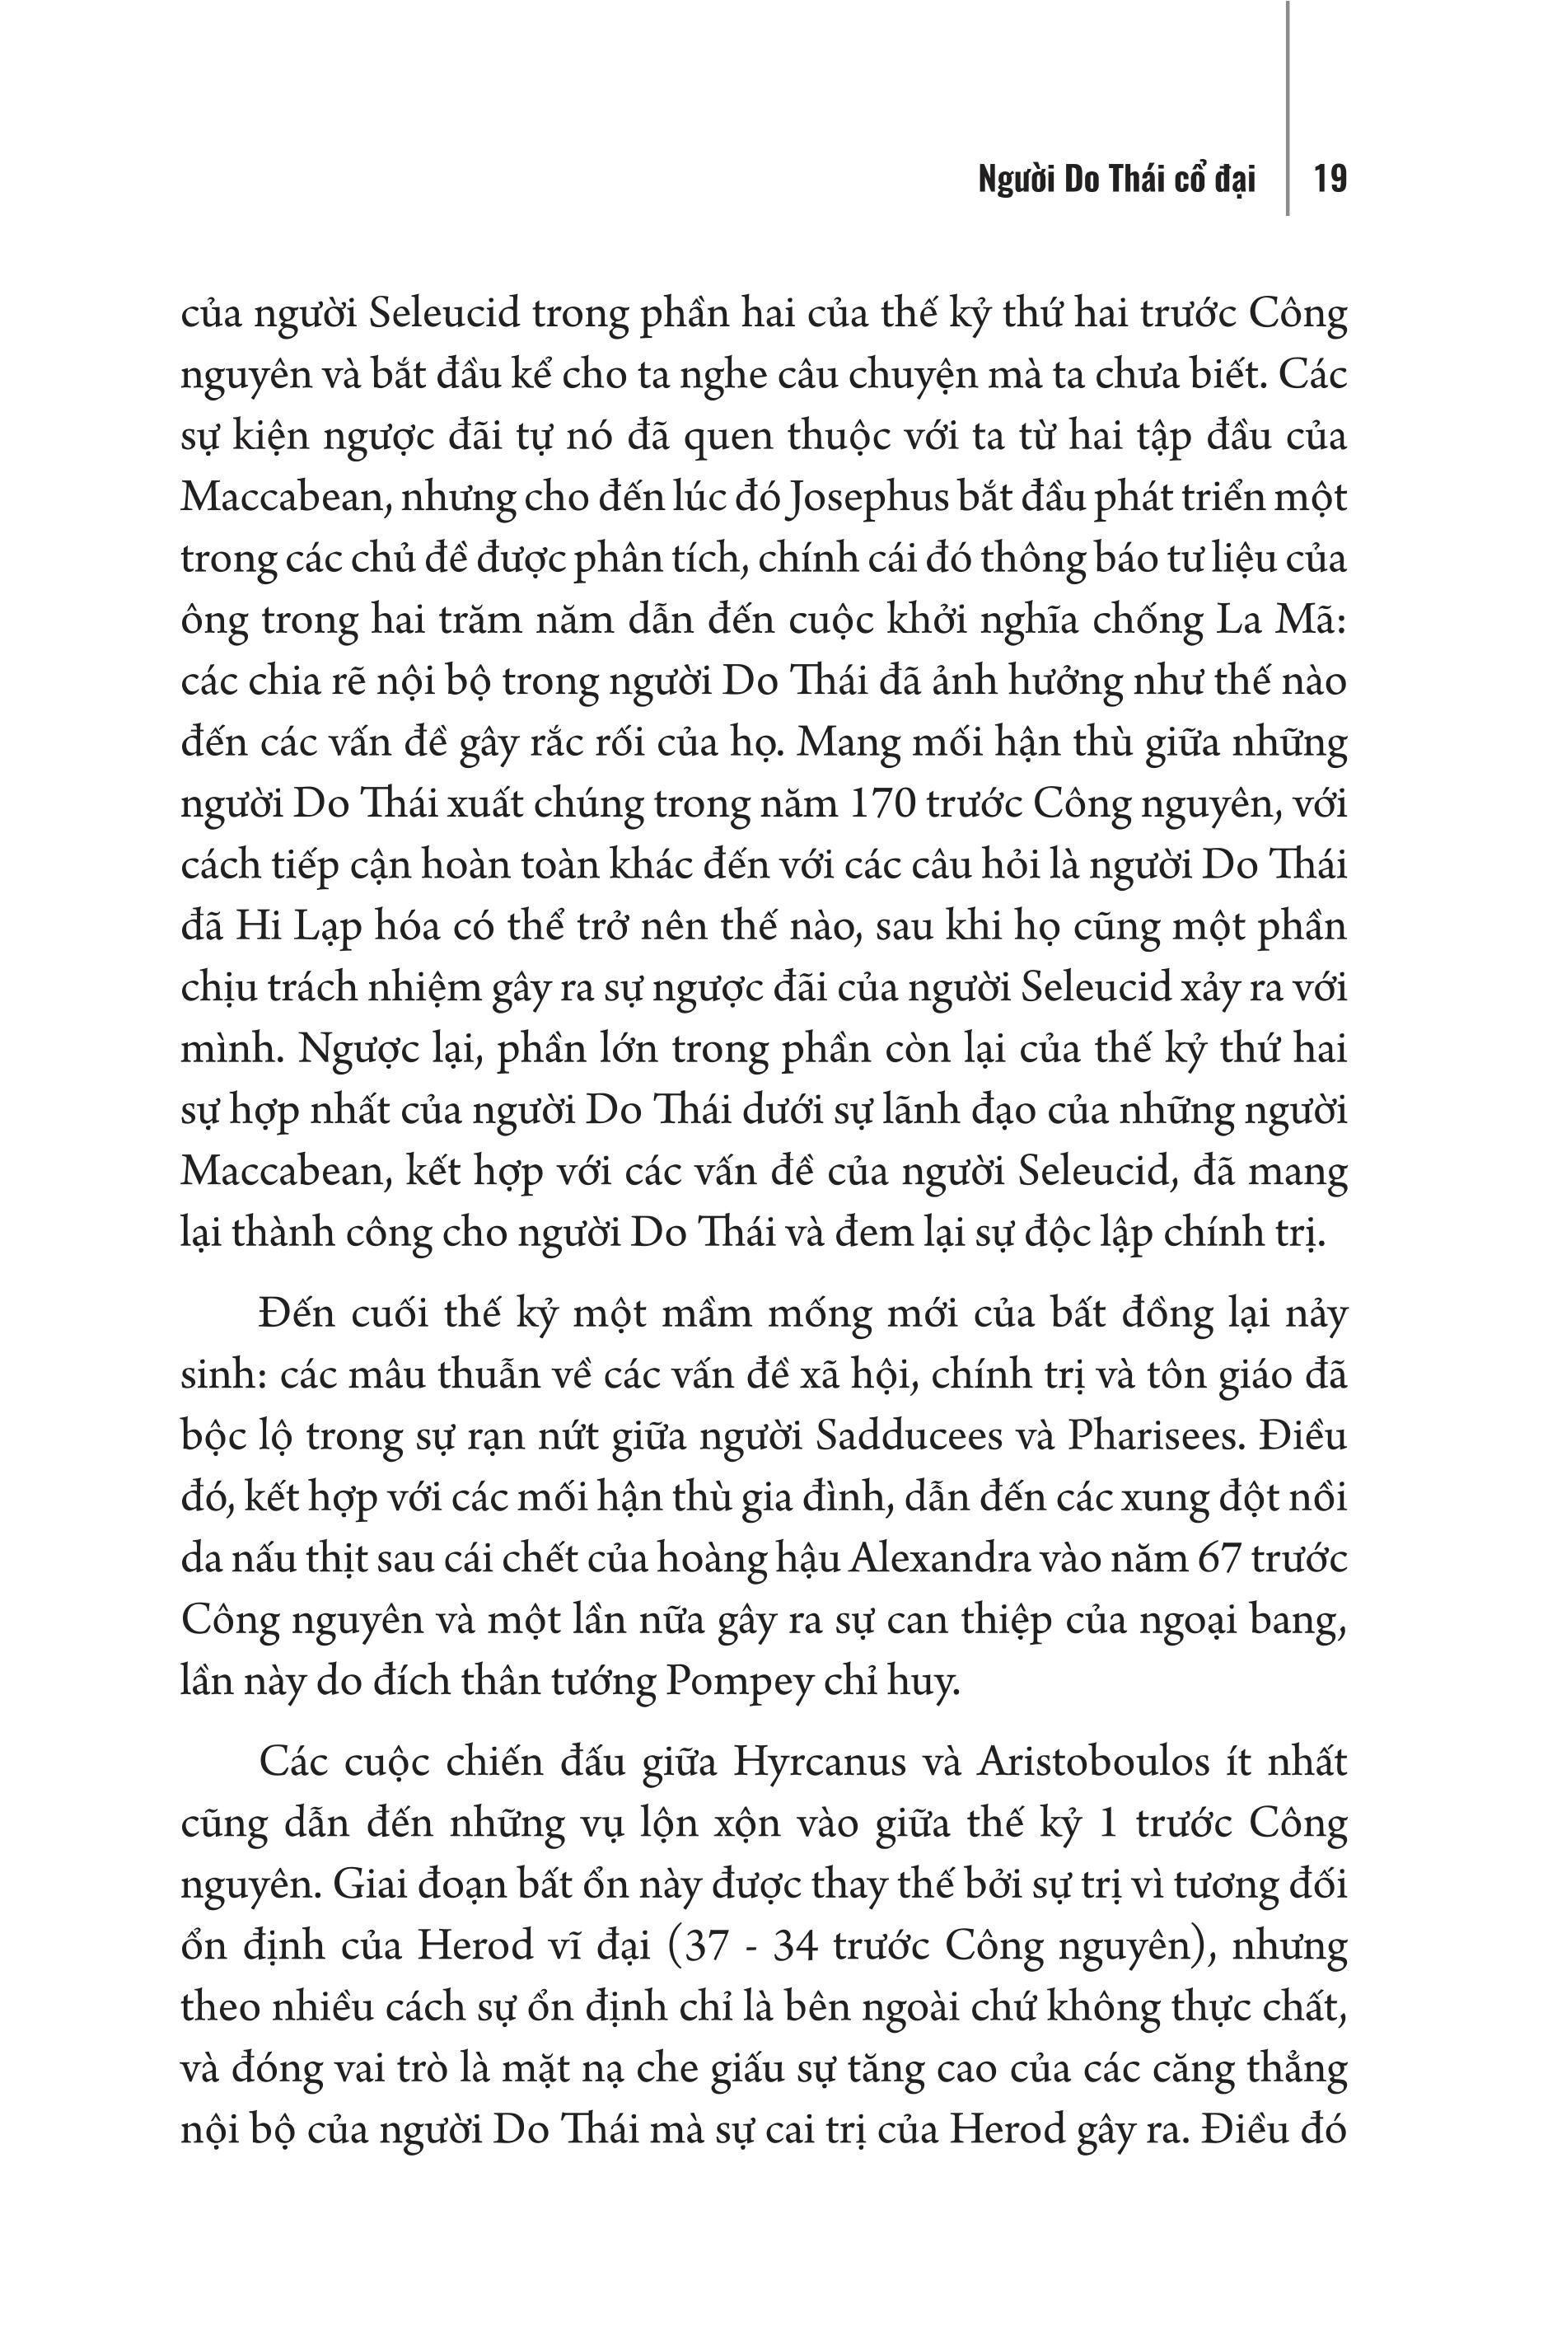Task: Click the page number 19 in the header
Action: click(x=1330, y=180)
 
